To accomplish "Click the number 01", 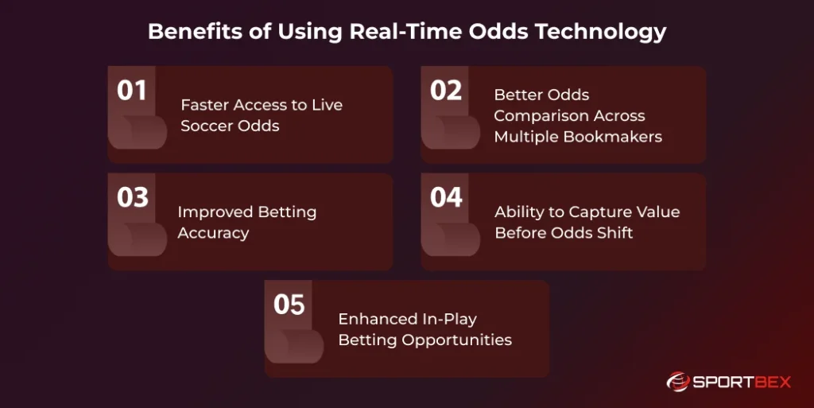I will (132, 91).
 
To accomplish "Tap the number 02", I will (446, 91).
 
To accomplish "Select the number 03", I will (133, 197).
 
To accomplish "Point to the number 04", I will (446, 197).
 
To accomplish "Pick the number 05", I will (289, 305).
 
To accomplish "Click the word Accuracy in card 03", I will (213, 233).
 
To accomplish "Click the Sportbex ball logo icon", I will (678, 382).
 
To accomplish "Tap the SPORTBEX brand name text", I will (742, 382).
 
